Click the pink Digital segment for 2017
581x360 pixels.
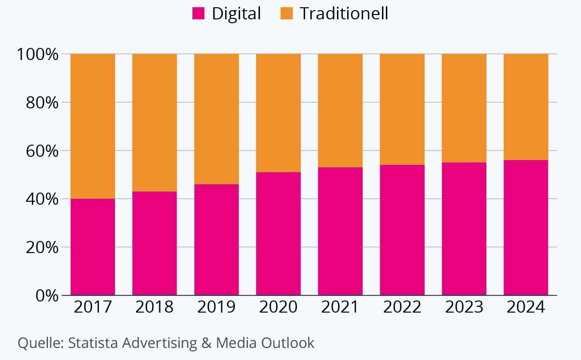coord(92,247)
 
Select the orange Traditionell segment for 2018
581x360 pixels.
coord(154,122)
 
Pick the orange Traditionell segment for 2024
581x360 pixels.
coord(526,106)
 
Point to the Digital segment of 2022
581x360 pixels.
coord(402,230)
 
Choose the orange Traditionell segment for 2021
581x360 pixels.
coord(340,110)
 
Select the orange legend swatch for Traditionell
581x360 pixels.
coord(287,14)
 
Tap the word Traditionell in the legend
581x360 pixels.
coord(344,14)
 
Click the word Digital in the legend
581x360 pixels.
coord(236,14)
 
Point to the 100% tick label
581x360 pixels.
coord(38,54)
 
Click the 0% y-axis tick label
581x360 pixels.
coord(47,295)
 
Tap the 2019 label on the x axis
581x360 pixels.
coord(216,307)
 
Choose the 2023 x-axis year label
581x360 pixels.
coord(464,307)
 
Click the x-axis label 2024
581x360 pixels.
coord(526,307)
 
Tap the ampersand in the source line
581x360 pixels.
coord(207,343)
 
